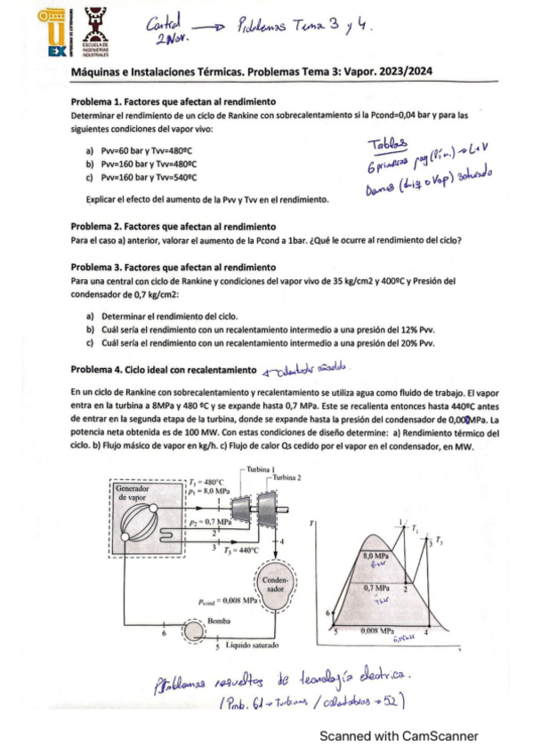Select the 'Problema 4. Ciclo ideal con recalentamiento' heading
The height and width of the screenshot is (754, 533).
[x=163, y=369]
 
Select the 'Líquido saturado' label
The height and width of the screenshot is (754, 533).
[x=254, y=646]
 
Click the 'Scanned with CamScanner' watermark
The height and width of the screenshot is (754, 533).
[x=399, y=736]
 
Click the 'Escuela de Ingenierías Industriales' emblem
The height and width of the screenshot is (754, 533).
[x=93, y=32]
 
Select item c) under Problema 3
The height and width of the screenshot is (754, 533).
[x=259, y=343]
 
